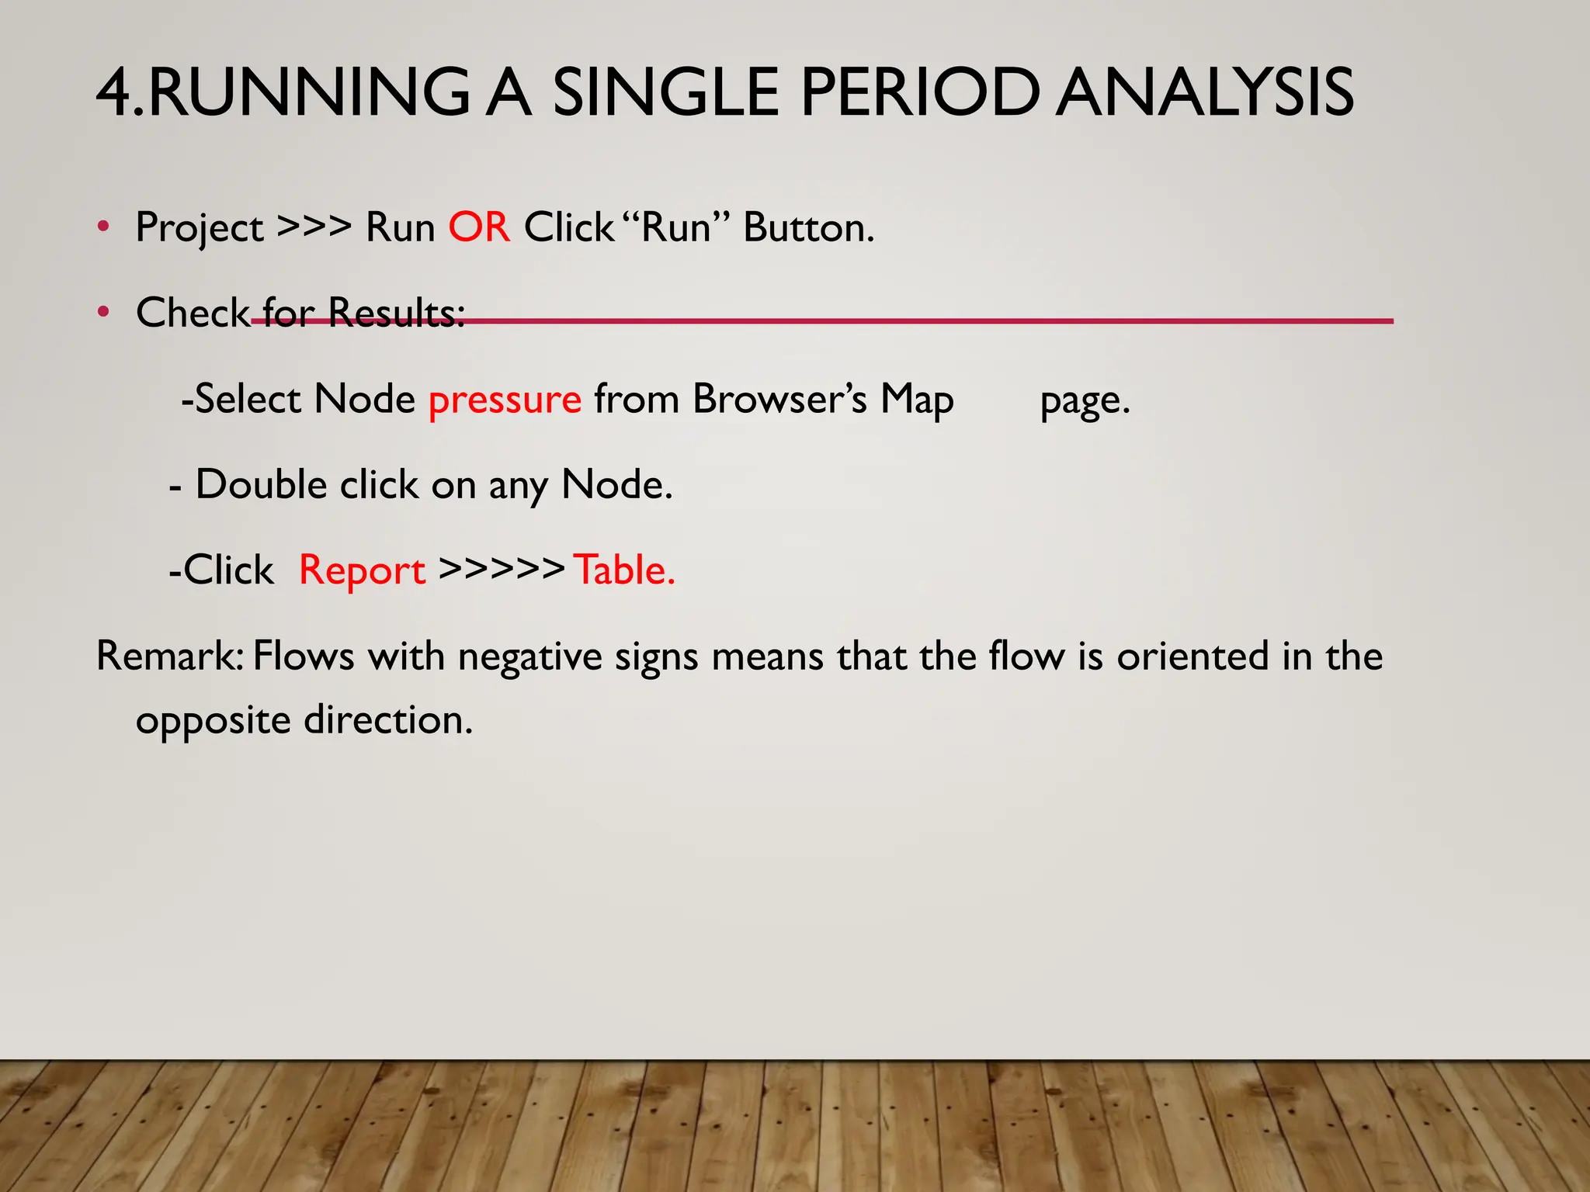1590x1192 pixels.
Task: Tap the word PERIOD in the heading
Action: (919, 93)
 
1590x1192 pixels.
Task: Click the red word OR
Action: (479, 227)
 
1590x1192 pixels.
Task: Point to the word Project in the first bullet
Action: (200, 229)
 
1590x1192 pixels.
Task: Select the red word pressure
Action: (505, 400)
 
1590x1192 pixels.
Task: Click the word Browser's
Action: (779, 399)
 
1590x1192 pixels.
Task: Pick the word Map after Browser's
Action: (916, 400)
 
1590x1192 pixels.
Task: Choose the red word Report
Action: (362, 571)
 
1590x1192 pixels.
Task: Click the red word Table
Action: (623, 570)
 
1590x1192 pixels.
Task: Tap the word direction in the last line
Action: (387, 719)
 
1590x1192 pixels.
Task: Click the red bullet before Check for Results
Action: (103, 313)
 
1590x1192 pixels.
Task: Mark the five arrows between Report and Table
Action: (501, 569)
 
